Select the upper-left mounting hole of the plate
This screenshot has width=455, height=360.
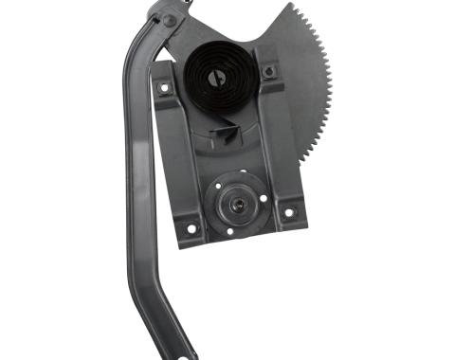(168, 88)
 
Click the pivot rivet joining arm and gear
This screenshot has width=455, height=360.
(168, 19)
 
